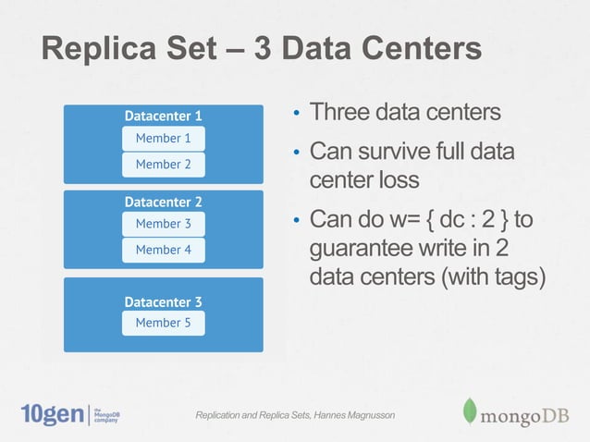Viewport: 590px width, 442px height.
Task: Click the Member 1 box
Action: pyautogui.click(x=163, y=139)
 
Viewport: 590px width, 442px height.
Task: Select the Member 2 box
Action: pyautogui.click(x=163, y=165)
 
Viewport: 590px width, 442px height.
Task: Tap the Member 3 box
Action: pyautogui.click(x=163, y=224)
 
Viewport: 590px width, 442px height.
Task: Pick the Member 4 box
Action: pyautogui.click(x=163, y=250)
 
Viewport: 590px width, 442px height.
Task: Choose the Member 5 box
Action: pyautogui.click(x=163, y=323)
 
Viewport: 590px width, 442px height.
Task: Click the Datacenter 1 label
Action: pyautogui.click(x=163, y=117)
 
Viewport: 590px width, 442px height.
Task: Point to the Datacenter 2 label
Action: pyautogui.click(x=163, y=202)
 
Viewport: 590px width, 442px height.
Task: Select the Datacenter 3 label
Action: pyautogui.click(x=163, y=301)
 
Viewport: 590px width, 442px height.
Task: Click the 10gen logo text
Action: pyautogui.click(x=51, y=414)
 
